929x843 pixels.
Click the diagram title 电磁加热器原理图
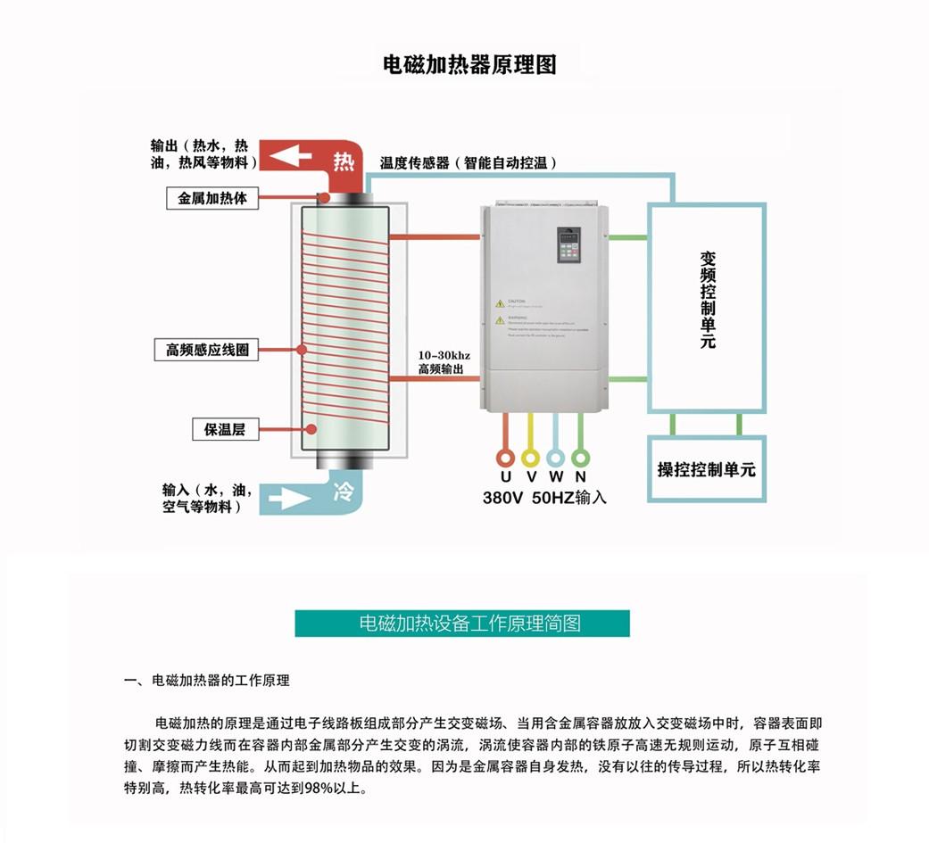469,65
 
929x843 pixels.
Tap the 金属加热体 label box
212,198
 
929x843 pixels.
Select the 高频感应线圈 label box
206,350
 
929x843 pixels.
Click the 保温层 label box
225,429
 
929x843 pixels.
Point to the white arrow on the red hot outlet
291,157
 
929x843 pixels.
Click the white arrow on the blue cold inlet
291,496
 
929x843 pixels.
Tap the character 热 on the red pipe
344,161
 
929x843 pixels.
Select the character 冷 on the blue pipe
344,491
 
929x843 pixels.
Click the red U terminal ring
505,459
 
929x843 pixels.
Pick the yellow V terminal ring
530,459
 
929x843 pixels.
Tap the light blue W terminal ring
555,459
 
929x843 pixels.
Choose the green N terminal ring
580,459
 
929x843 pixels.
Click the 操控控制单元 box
706,469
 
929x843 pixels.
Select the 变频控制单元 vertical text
708,299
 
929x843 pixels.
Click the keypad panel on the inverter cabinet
568,245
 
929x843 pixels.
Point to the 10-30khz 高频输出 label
444,361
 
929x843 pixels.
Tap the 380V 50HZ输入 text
544,498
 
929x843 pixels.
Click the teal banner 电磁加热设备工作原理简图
462,623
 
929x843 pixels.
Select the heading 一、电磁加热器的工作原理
206,680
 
